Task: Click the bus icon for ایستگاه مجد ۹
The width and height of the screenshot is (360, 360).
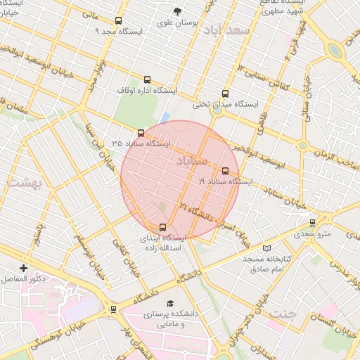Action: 117,21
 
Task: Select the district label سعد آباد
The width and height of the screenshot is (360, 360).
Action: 234,31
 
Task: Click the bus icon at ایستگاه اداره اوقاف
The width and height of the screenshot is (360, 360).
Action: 147,80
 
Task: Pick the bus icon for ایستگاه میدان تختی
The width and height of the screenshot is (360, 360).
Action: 225,94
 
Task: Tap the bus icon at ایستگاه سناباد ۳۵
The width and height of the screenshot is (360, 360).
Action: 141,132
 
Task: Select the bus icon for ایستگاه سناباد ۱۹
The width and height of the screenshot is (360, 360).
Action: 225,170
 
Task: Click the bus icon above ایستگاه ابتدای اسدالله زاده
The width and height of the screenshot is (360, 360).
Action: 163,226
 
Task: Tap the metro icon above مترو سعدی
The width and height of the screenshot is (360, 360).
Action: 313,223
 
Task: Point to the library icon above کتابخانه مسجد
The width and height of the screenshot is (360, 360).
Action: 266,248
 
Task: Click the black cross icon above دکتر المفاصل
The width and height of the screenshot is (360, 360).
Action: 24,268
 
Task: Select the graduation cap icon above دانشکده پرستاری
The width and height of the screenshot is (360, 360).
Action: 169,303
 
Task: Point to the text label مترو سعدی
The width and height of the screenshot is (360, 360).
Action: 312,233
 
